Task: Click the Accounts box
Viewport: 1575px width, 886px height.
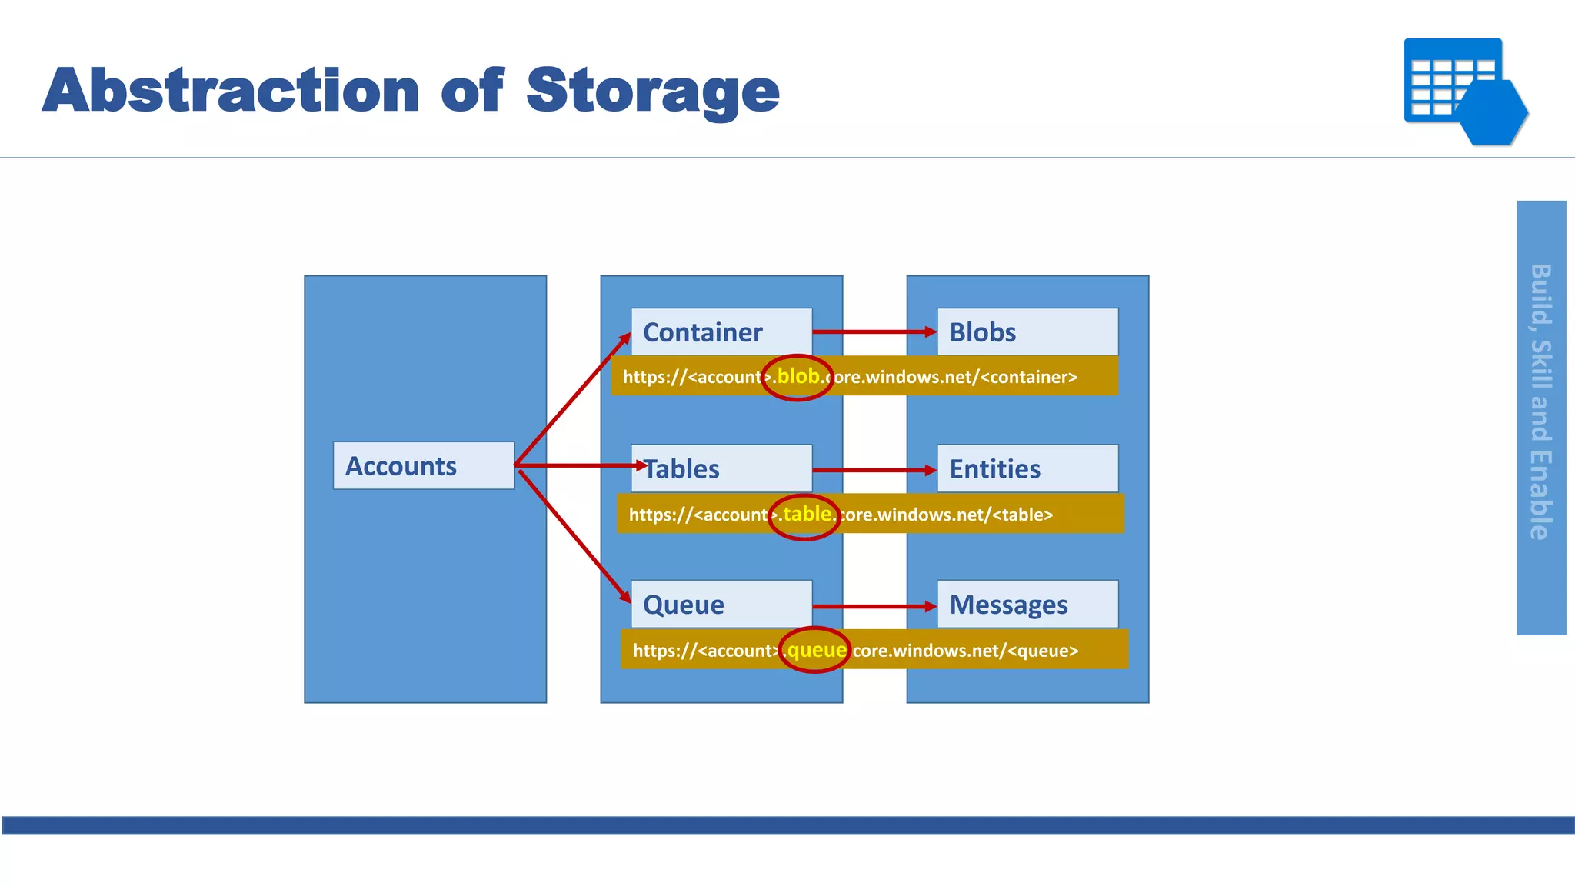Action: pyautogui.click(x=424, y=465)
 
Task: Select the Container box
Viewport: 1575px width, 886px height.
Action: pyautogui.click(x=721, y=331)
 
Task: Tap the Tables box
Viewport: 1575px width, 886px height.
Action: pyautogui.click(x=721, y=468)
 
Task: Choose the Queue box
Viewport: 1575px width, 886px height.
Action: pyautogui.click(x=721, y=604)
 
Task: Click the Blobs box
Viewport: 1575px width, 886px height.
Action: pyautogui.click(x=1027, y=331)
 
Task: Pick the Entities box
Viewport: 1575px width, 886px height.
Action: pyautogui.click(x=1027, y=468)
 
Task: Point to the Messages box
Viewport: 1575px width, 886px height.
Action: pyautogui.click(x=1027, y=604)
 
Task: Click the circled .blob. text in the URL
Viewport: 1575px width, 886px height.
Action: pyautogui.click(x=797, y=377)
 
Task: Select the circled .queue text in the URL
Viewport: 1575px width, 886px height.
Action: pyautogui.click(x=814, y=651)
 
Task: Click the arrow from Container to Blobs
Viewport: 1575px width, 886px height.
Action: pyautogui.click(x=874, y=332)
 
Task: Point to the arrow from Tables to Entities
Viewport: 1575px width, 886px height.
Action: pyautogui.click(x=874, y=469)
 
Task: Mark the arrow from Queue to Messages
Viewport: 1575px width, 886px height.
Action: pyautogui.click(x=874, y=606)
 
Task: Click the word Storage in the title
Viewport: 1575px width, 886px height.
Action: pyautogui.click(x=652, y=91)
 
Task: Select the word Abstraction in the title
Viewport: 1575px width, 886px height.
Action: pyautogui.click(x=231, y=91)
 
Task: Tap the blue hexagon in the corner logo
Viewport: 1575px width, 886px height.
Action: pyautogui.click(x=1492, y=112)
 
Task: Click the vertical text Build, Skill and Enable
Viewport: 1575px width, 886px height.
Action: pyautogui.click(x=1540, y=401)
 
